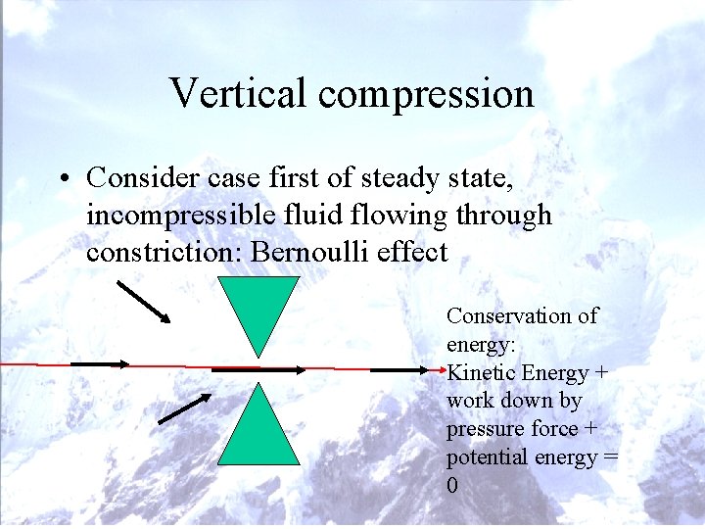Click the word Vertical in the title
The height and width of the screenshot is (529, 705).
click(238, 93)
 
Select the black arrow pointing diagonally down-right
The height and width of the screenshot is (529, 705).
click(143, 302)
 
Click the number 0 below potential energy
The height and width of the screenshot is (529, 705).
click(452, 486)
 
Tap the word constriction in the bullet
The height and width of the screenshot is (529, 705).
click(164, 252)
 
